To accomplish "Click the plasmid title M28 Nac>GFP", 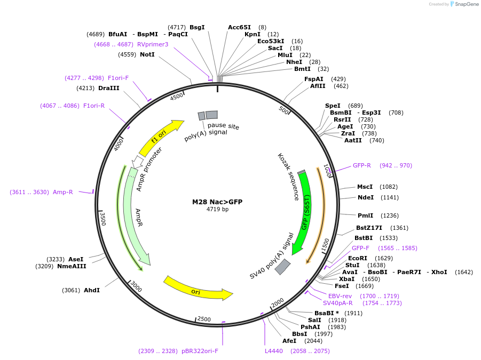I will pyautogui.click(x=217, y=202).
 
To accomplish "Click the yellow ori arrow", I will pyautogui.click(x=198, y=287).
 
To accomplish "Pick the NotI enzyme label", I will pyautogui.click(x=147, y=54).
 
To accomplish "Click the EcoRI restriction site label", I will pyautogui.click(x=358, y=258).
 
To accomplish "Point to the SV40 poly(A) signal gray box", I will pyautogui.click(x=282, y=267).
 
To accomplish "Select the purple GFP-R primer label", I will pyautogui.click(x=361, y=165).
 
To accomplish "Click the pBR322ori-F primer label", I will pyautogui.click(x=200, y=351).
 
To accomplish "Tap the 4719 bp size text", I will pyautogui.click(x=217, y=210).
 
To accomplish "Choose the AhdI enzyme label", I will pyautogui.click(x=92, y=290).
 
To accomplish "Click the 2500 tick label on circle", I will pyautogui.click(x=204, y=319).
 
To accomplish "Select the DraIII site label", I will pyautogui.click(x=109, y=88).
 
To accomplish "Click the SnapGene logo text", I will pyautogui.click(x=466, y=4).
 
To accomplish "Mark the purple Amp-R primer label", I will pyautogui.click(x=63, y=192).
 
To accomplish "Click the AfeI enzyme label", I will pyautogui.click(x=289, y=341).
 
